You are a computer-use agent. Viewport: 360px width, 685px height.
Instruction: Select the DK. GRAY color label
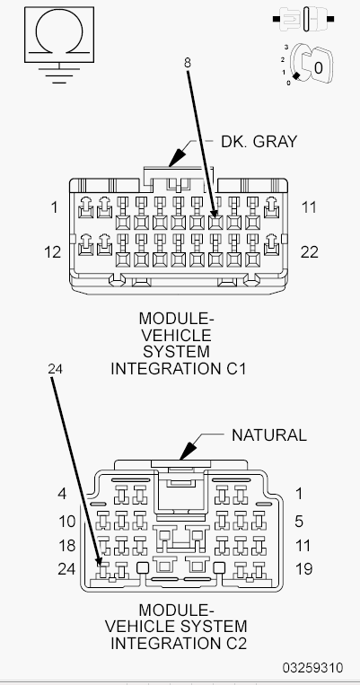pos(259,141)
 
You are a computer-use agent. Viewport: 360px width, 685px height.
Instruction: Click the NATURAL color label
pos(269,435)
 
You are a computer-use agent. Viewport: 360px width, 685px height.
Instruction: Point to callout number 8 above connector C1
pos(187,63)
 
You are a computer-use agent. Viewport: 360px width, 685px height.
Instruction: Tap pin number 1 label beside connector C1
pos(55,207)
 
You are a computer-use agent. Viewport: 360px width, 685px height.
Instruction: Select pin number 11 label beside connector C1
pos(309,207)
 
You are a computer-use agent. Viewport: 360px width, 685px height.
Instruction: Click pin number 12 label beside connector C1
pos(53,251)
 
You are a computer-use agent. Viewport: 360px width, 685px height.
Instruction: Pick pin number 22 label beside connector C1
pos(309,251)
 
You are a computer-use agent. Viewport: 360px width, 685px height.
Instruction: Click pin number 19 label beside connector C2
pos(303,569)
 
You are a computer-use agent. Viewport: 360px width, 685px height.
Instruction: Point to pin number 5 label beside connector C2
pos(299,521)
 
